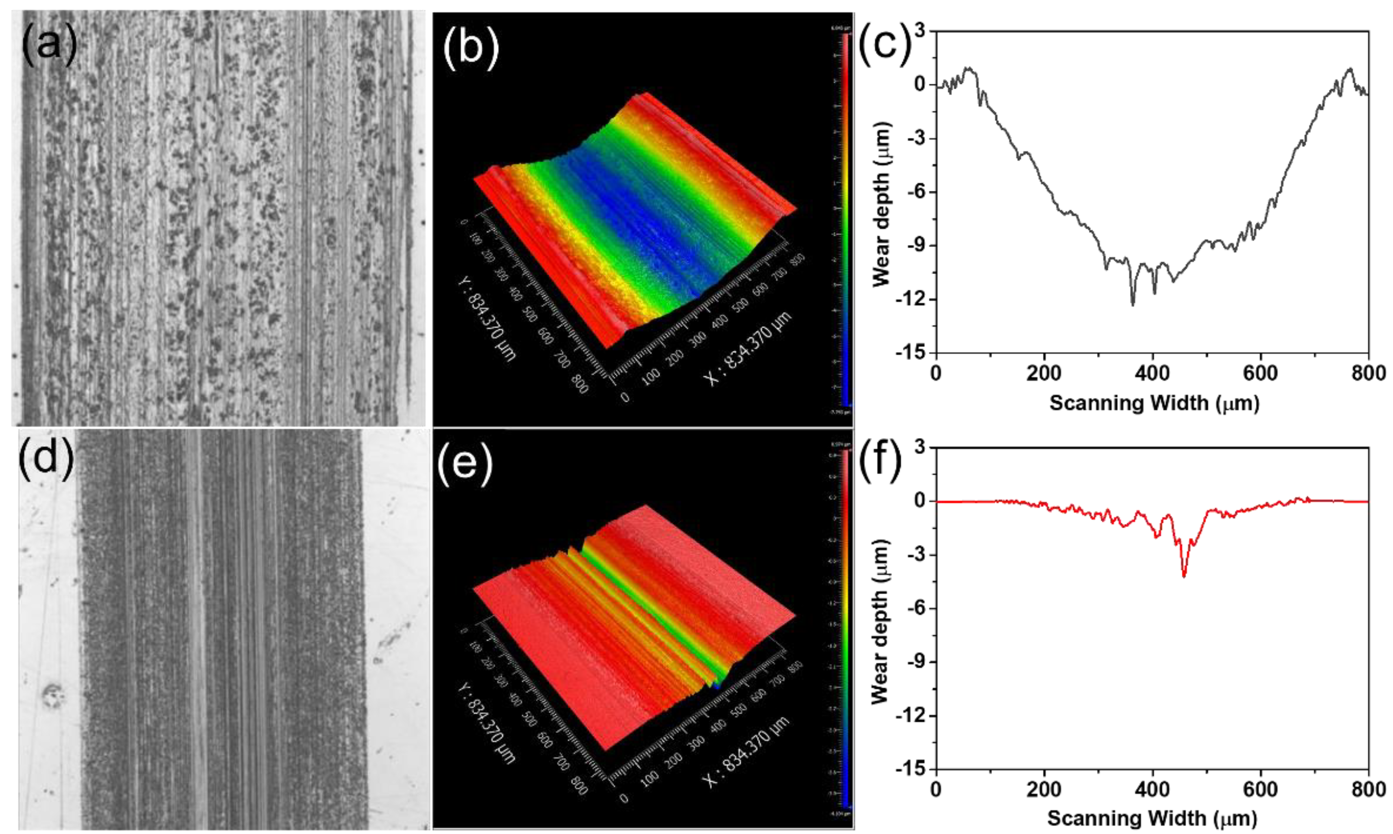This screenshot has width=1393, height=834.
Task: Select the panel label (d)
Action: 46,459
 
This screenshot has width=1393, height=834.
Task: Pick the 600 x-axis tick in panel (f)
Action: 1260,790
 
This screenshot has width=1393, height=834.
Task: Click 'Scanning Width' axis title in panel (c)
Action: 1154,403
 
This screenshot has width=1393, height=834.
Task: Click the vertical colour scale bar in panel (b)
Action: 846,219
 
